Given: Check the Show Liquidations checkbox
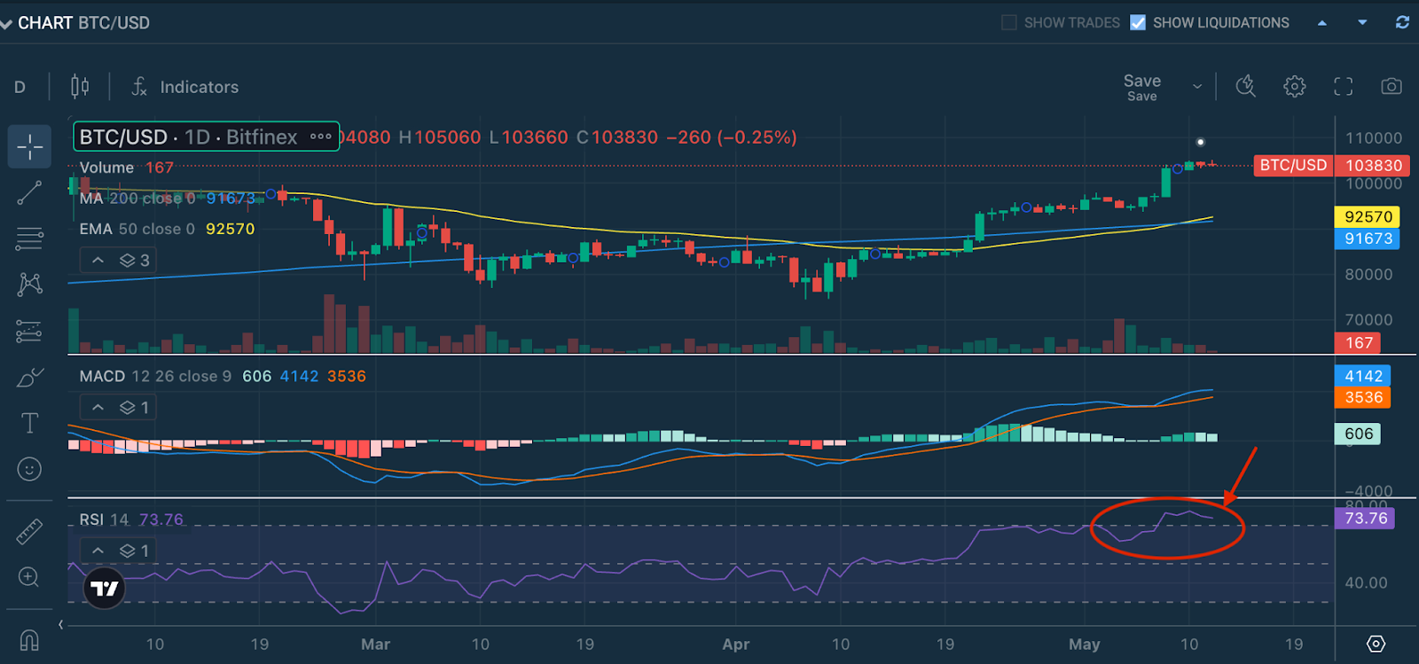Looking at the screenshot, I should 1138,23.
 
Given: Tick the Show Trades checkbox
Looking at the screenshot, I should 1009,23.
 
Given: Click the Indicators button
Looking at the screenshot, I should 185,87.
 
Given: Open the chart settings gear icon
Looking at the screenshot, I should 1295,86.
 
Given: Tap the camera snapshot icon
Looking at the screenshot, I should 1392,86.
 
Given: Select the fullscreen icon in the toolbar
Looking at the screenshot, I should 1344,86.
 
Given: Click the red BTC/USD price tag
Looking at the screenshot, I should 1293,165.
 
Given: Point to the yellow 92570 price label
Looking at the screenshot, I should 1368,216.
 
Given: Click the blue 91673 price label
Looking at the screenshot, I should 1368,238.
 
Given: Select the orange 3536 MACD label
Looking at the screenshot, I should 1363,397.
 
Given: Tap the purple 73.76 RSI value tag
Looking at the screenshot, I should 1365,518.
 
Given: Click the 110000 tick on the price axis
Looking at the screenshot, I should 1374,138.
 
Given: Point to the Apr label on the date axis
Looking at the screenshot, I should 736,644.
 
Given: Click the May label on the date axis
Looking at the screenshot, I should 1084,644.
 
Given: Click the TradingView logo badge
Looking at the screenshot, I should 104,589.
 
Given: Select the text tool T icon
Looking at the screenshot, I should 29,423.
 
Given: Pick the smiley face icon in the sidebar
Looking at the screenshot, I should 29,469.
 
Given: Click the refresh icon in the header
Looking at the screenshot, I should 1402,23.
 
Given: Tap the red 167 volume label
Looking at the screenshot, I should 1359,343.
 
